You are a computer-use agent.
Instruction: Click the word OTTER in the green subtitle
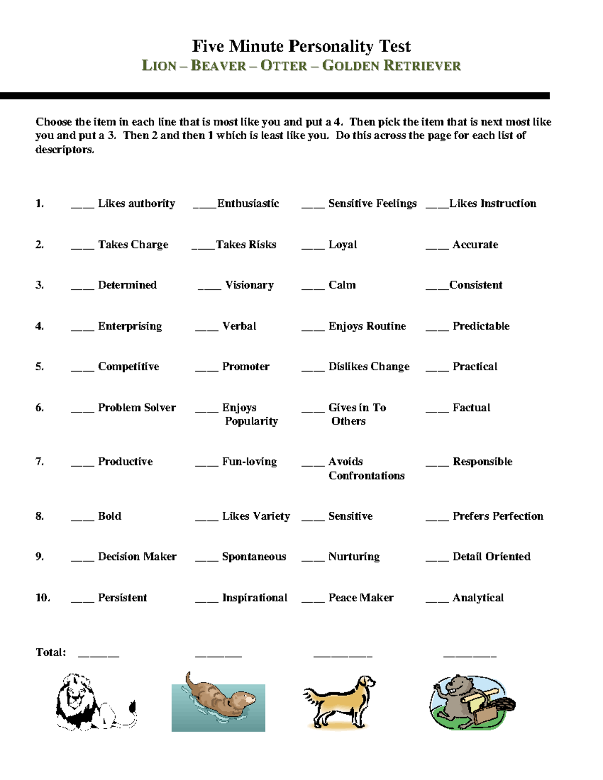[x=283, y=66]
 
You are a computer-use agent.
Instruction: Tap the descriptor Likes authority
[x=136, y=203]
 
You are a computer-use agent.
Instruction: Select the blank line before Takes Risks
[x=203, y=248]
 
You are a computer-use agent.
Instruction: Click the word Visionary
[x=249, y=285]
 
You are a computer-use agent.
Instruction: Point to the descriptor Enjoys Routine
[x=367, y=326]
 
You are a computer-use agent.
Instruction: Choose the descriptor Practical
[x=475, y=367]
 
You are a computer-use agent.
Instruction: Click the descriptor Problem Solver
[x=137, y=408]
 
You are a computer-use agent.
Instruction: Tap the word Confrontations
[x=366, y=476]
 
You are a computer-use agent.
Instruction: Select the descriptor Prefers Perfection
[x=497, y=516]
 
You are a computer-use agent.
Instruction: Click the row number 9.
[x=39, y=556]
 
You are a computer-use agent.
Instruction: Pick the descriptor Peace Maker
[x=361, y=598]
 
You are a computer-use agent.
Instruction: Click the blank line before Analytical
[x=437, y=601]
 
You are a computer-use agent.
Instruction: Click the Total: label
[x=51, y=652]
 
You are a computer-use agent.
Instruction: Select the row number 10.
[x=42, y=598]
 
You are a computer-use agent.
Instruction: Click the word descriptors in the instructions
[x=64, y=150]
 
